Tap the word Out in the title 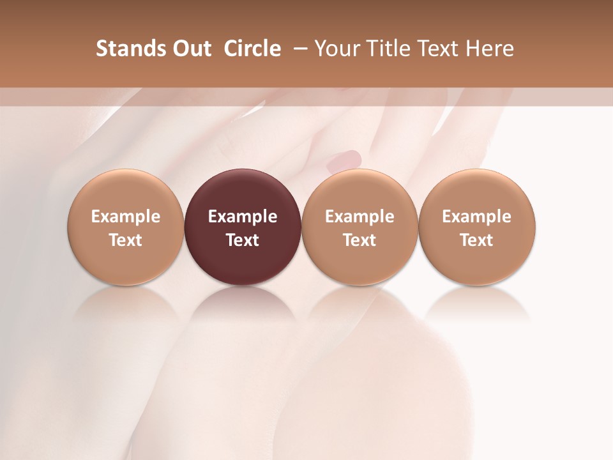(x=190, y=49)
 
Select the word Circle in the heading (x=252, y=49)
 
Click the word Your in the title (x=338, y=49)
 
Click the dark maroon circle (x=243, y=227)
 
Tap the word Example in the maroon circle (x=243, y=217)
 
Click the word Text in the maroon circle (x=243, y=240)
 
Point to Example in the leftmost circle (x=126, y=217)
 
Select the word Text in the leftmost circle (x=126, y=240)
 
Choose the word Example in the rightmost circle (x=477, y=217)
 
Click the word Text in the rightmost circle (x=477, y=240)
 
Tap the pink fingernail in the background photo (x=345, y=160)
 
